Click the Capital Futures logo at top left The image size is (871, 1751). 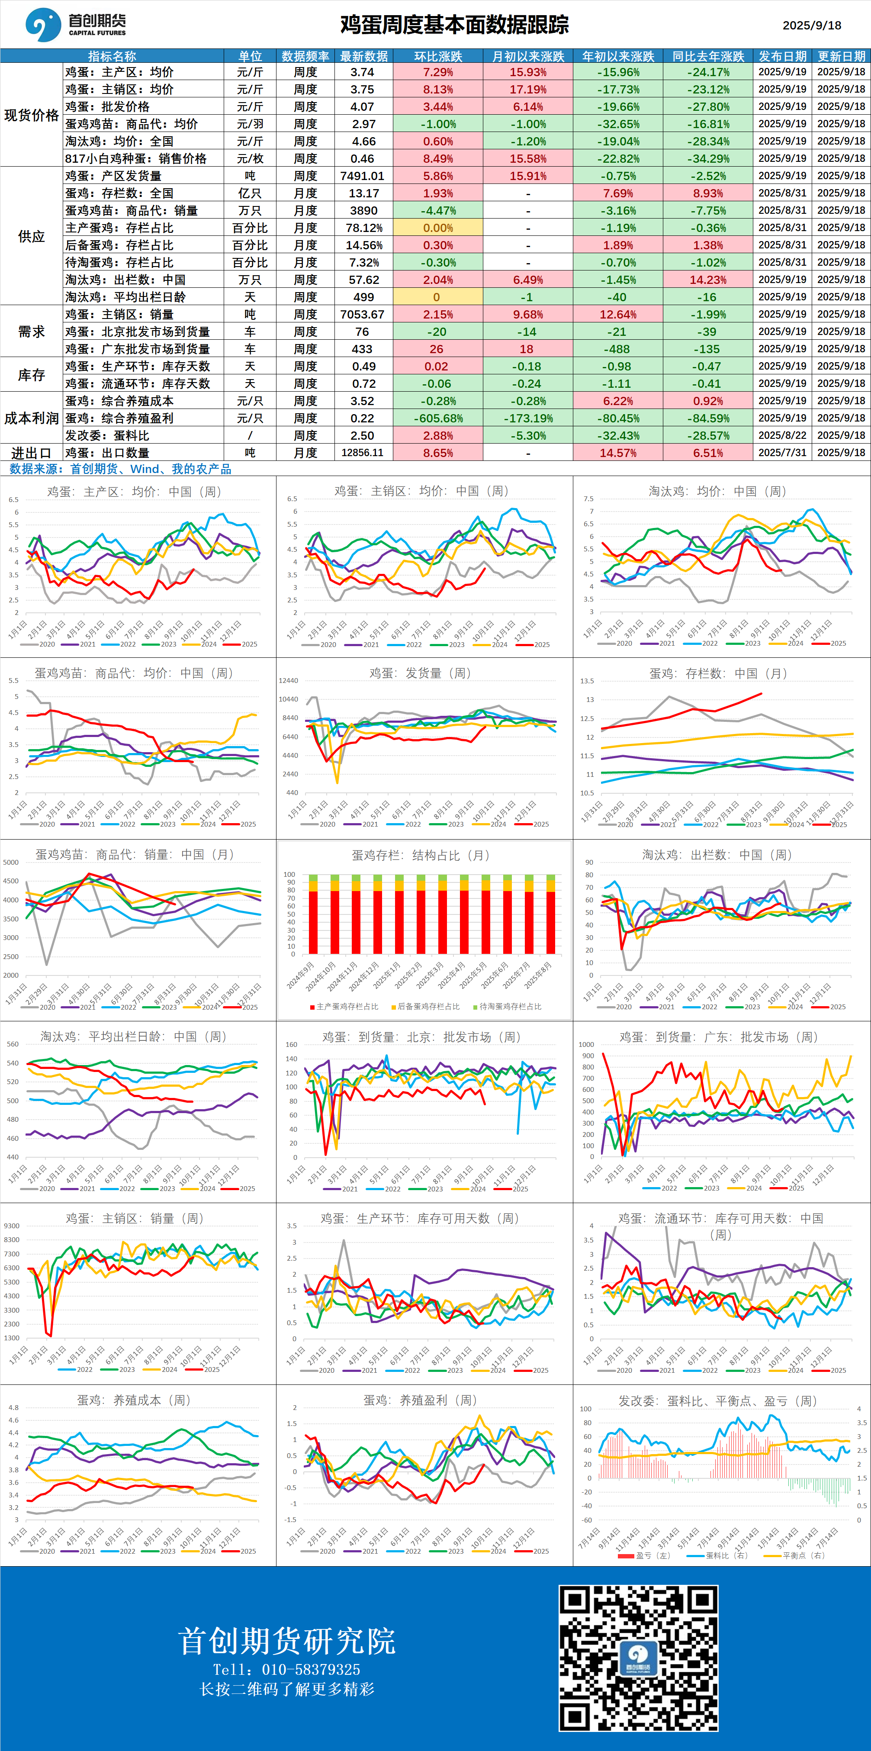(x=75, y=25)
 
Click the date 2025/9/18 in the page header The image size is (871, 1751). (x=811, y=25)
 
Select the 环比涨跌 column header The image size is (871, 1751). (x=437, y=56)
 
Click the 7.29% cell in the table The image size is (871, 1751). (x=437, y=72)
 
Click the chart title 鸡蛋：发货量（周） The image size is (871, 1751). (x=420, y=673)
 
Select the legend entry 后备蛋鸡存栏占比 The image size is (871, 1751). (x=426, y=1007)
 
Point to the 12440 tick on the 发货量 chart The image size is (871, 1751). (x=288, y=680)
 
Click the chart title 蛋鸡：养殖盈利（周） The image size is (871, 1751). (x=420, y=1400)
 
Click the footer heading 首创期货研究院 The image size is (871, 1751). (x=287, y=1641)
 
